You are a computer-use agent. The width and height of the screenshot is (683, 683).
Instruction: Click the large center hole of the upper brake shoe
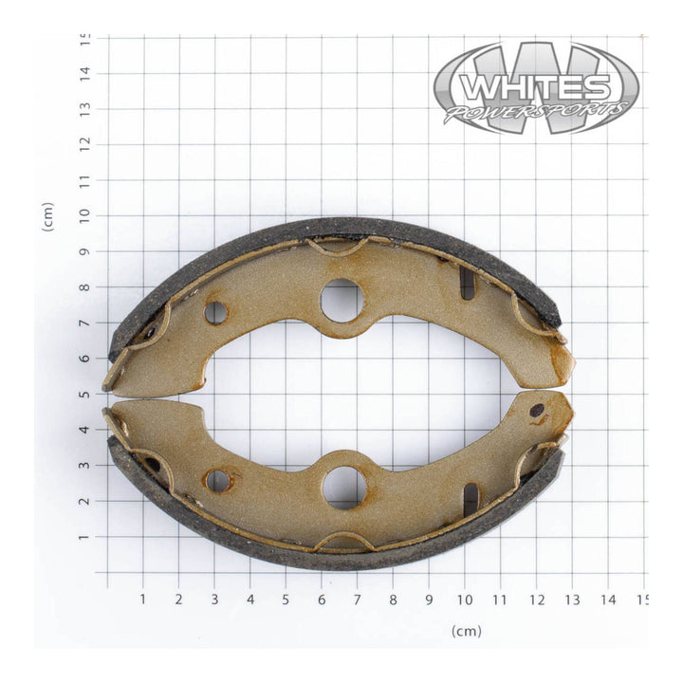pyautogui.click(x=342, y=301)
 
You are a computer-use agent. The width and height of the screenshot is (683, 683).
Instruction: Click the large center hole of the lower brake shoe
pyautogui.click(x=343, y=487)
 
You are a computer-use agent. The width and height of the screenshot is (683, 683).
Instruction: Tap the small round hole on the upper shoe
pyautogui.click(x=215, y=312)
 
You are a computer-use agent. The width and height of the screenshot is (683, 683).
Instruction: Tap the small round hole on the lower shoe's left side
pyautogui.click(x=217, y=481)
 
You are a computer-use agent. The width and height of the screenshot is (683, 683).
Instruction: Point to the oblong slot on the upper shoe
pyautogui.click(x=468, y=283)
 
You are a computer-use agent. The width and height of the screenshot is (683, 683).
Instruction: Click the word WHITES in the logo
pyautogui.click(x=536, y=88)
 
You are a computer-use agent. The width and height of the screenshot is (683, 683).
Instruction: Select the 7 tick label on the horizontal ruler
pyautogui.click(x=357, y=600)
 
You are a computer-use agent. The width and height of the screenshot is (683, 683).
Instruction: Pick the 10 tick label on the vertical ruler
pyautogui.click(x=85, y=215)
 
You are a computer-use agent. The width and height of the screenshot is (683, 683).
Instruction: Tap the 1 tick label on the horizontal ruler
pyautogui.click(x=143, y=600)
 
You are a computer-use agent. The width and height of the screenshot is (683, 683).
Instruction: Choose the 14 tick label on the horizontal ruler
pyautogui.click(x=608, y=600)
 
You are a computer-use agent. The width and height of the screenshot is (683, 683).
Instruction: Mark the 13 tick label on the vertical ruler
pyautogui.click(x=85, y=108)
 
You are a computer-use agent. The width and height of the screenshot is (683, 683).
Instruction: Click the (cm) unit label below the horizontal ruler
pyautogui.click(x=467, y=631)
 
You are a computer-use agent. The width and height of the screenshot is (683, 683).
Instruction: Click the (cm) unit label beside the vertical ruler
pyautogui.click(x=47, y=216)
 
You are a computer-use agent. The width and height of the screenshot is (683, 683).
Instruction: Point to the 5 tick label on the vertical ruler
pyautogui.click(x=85, y=394)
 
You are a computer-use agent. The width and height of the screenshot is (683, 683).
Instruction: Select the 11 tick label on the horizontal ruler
pyautogui.click(x=501, y=600)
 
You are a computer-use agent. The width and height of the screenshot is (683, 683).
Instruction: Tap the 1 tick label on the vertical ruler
pyautogui.click(x=85, y=537)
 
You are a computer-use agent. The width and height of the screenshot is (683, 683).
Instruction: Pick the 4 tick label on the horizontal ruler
pyautogui.click(x=250, y=600)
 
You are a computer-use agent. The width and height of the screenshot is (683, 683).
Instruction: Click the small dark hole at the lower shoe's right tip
pyautogui.click(x=537, y=411)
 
